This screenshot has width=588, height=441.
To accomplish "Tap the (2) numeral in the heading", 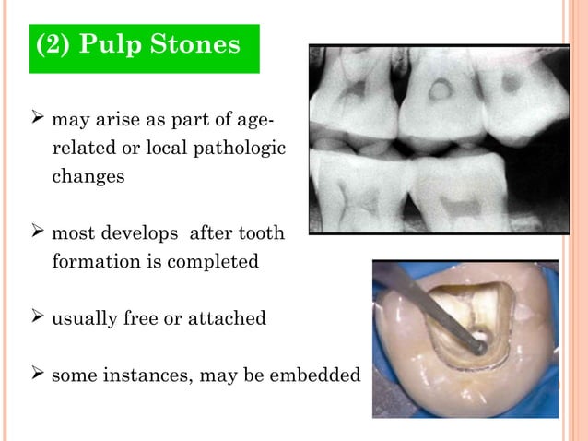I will [x=54, y=45].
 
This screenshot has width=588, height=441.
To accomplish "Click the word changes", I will [x=88, y=176].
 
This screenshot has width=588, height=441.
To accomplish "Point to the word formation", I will [x=95, y=261].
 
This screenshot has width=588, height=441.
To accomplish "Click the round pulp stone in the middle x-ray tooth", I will [x=441, y=90].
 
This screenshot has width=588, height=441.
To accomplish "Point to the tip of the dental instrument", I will [x=480, y=349].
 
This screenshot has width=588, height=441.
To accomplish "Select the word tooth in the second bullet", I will [x=261, y=234].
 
